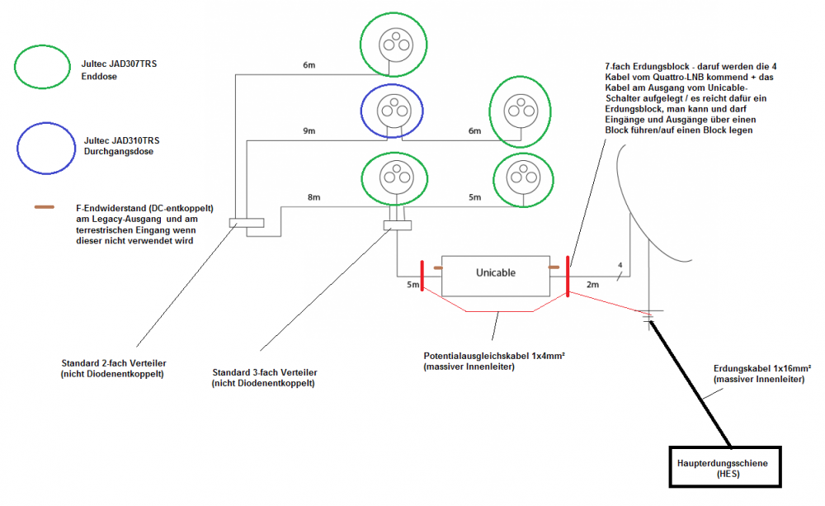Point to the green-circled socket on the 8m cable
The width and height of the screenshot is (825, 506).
coord(395,178)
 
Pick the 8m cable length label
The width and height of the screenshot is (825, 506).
coord(314,197)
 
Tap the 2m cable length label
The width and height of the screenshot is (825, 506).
coord(593,285)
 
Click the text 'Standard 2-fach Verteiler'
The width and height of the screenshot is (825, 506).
coord(113,363)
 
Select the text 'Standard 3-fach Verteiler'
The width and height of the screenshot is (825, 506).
coord(264,372)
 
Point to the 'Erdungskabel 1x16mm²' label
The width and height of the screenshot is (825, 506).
coord(761,369)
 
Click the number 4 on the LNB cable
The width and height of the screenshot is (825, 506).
coord(620,265)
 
